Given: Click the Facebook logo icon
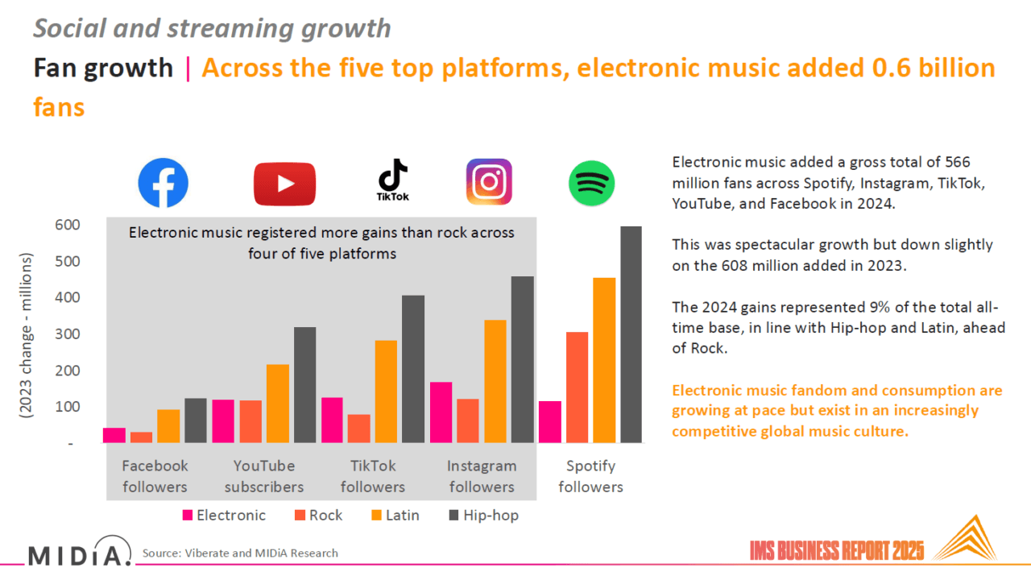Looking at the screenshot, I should point(163,183).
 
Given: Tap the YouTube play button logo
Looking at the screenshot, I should point(284,184).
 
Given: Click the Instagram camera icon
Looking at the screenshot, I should point(489,182).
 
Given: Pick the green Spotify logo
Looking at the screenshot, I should point(592,184).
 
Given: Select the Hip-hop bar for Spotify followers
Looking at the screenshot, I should point(631,334).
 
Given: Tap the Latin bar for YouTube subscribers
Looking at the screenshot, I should point(278,403).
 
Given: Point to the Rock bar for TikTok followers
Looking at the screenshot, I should point(359,428).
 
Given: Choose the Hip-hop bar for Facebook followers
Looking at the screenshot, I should point(196,420).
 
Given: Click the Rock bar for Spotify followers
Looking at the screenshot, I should point(577,387).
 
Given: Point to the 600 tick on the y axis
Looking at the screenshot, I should point(68,225).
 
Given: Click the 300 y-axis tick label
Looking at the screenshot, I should point(68,334).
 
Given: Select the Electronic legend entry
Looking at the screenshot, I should point(224,516).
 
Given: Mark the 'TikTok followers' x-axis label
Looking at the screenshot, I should point(373,476).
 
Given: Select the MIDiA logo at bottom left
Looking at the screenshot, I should point(79,554).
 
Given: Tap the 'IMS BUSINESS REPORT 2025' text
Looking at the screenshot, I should point(836,551).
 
